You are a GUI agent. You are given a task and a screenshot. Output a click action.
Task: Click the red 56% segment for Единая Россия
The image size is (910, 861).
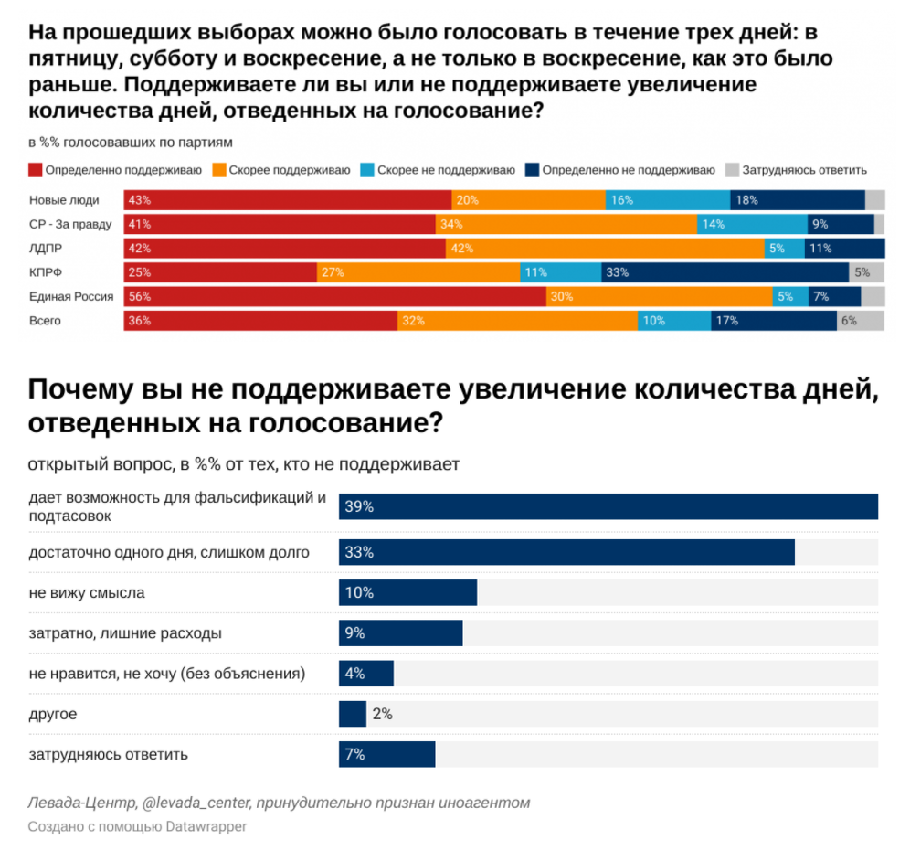334,296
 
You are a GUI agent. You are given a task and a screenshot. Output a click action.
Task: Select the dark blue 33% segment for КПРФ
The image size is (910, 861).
725,272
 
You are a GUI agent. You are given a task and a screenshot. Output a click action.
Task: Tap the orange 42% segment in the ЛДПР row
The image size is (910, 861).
605,249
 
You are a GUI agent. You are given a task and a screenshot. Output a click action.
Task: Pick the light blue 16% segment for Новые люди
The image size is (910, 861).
667,200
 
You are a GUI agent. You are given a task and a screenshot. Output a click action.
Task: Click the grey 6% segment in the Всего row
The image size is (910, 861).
860,321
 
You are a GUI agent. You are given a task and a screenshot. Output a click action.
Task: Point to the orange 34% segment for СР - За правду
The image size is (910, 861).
566,224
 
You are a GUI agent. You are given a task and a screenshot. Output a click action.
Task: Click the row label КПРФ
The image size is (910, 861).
45,272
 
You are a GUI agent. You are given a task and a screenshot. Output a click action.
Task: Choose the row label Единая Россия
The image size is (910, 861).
71,296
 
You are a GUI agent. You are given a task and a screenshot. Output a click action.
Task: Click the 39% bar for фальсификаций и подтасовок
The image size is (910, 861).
608,506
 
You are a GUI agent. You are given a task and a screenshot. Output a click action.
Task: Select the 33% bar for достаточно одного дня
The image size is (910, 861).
566,552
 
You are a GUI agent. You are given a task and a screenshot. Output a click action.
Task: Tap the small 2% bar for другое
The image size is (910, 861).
352,714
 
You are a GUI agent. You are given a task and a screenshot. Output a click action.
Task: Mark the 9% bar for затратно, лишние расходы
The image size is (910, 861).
400,632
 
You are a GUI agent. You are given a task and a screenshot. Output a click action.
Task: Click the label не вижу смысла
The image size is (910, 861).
87,592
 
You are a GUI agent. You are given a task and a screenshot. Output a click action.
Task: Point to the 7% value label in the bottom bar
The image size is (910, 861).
355,754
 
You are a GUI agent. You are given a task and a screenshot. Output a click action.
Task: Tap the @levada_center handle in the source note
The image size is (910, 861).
196,803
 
